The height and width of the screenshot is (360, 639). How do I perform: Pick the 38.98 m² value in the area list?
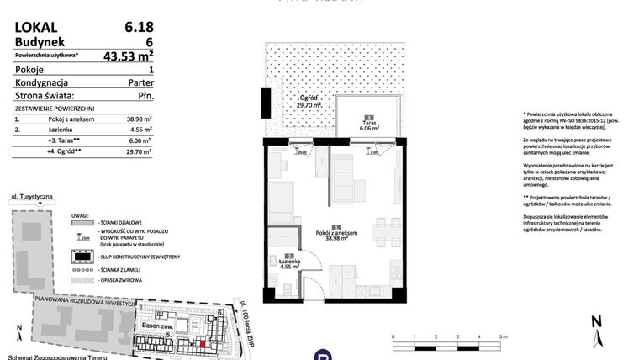pos(140,120)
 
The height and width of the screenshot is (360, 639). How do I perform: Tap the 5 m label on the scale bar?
pos(502,336)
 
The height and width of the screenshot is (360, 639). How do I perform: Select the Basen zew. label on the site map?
pos(156,326)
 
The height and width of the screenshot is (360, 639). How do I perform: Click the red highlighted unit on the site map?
pos(201,342)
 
